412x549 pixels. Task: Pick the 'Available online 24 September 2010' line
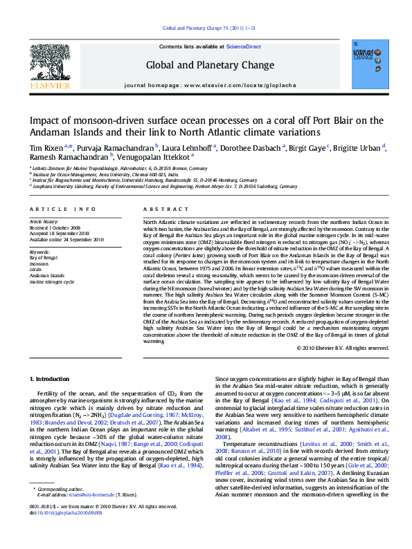65,239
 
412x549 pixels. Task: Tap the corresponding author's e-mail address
93,514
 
